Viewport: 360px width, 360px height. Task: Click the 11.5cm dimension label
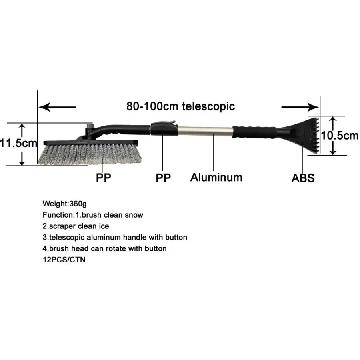pyautogui.click(x=18, y=144)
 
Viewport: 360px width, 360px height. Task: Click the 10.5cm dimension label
pyautogui.click(x=340, y=136)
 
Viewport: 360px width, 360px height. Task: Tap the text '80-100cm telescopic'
pyautogui.click(x=181, y=106)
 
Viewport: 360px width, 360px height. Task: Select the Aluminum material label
pyautogui.click(x=216, y=178)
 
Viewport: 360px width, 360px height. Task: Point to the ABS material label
pyautogui.click(x=303, y=178)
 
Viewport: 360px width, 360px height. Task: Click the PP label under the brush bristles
pyautogui.click(x=103, y=178)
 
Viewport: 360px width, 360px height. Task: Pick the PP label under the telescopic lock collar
pyautogui.click(x=163, y=178)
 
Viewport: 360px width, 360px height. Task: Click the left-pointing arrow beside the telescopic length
pyautogui.click(x=57, y=107)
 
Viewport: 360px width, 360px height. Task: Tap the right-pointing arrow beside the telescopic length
pyautogui.click(x=300, y=107)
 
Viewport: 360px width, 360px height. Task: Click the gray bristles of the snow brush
pyautogui.click(x=90, y=154)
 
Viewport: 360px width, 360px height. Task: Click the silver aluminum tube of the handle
pyautogui.click(x=205, y=130)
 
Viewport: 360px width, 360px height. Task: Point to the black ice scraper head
pyautogui.click(x=301, y=136)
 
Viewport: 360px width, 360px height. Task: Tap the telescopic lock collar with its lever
pyautogui.click(x=164, y=128)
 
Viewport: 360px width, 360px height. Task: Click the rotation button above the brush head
pyautogui.click(x=90, y=126)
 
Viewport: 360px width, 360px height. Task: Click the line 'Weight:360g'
pyautogui.click(x=64, y=204)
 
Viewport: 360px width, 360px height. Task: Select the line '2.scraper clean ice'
pyautogui.click(x=76, y=226)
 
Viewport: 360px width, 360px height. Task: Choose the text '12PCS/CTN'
pyautogui.click(x=64, y=260)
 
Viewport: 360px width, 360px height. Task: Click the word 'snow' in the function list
pyautogui.click(x=134, y=215)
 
